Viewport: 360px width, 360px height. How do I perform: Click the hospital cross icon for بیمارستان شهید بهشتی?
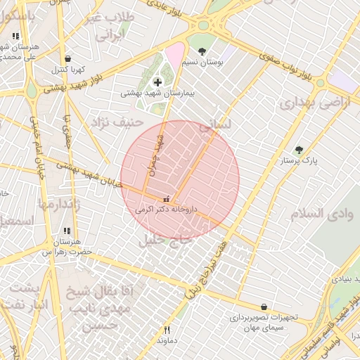[x=157, y=82]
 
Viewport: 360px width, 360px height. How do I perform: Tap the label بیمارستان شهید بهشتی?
[x=157, y=93]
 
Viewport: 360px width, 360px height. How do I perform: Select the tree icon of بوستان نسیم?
[x=202, y=51]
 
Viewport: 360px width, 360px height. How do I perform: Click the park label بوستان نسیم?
[x=202, y=62]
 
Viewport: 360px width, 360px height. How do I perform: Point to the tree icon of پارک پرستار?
[x=299, y=150]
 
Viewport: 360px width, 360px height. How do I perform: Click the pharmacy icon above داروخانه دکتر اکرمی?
[x=166, y=199]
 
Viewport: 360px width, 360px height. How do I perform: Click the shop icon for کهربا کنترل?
[x=67, y=59]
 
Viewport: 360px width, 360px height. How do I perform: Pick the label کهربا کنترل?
[x=68, y=70]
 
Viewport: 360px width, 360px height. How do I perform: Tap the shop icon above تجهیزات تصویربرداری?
[x=264, y=307]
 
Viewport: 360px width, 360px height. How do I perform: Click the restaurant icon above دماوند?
[x=167, y=329]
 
